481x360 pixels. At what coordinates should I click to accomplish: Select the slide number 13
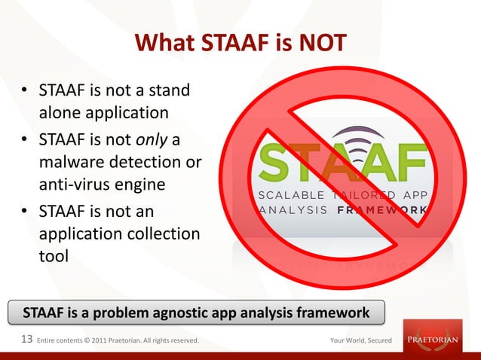point(26,340)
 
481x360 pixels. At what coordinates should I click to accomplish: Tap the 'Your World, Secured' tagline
point(360,340)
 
